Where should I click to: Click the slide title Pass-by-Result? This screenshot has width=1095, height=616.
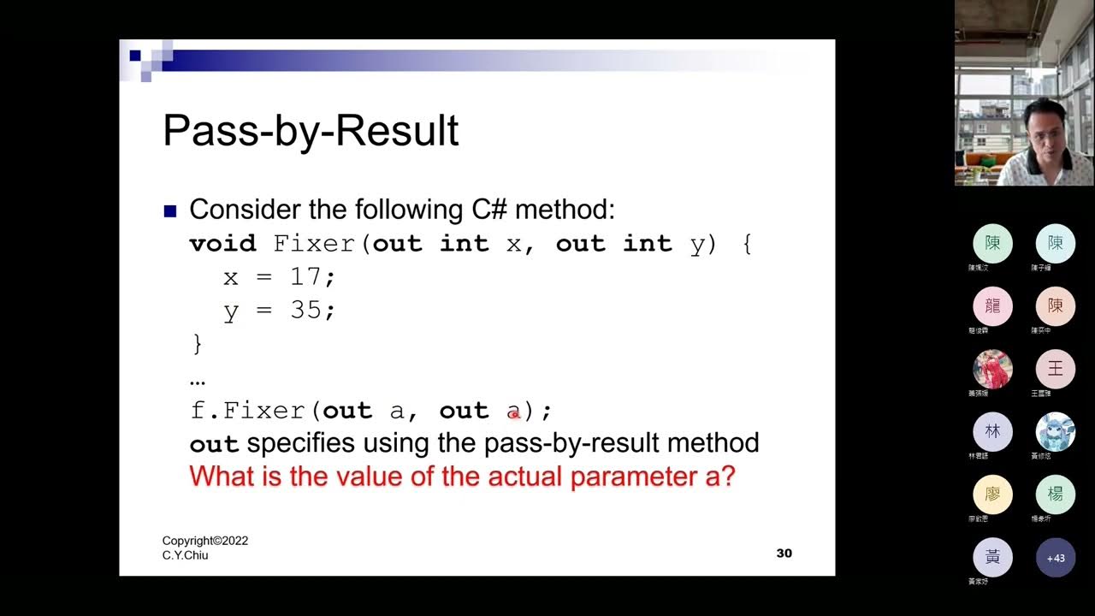click(311, 131)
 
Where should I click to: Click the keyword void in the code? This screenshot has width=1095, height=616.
click(222, 244)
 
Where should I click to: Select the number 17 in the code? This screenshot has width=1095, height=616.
click(306, 277)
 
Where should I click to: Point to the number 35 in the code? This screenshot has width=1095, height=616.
click(306, 310)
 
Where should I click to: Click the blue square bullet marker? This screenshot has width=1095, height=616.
click(169, 210)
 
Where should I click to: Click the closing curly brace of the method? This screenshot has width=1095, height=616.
click(198, 344)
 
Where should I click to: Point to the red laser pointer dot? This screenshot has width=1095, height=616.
click(514, 414)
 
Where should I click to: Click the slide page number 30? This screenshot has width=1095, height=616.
click(784, 554)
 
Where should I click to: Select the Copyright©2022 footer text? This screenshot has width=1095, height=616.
click(205, 541)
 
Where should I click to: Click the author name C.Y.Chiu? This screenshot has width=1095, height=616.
click(186, 555)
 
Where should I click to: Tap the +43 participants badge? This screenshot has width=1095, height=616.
click(1056, 558)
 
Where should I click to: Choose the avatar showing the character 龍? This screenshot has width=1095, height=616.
click(992, 306)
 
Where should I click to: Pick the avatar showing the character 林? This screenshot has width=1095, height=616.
click(992, 432)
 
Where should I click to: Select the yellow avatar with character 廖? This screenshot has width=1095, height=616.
click(992, 495)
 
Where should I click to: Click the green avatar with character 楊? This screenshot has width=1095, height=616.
click(1056, 495)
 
